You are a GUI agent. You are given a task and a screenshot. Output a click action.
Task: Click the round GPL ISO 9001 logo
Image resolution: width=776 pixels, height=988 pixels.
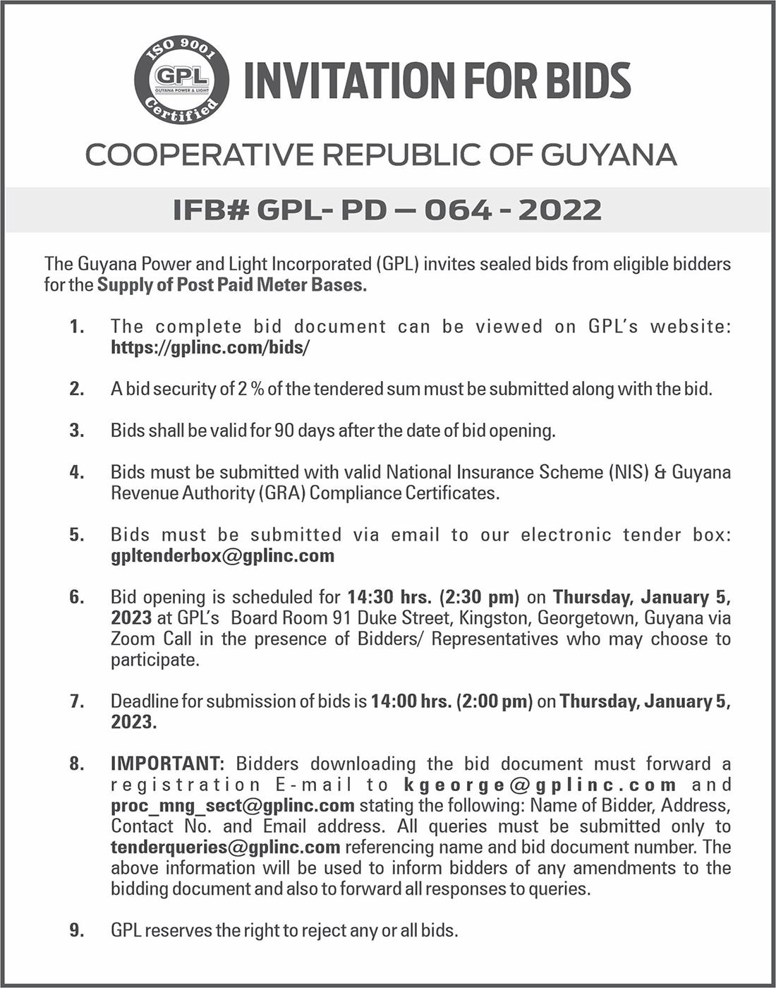click(181, 79)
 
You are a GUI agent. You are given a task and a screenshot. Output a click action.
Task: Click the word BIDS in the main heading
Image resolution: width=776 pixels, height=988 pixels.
click(588, 80)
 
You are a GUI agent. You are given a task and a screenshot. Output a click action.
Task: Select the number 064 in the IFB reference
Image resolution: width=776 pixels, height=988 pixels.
click(457, 210)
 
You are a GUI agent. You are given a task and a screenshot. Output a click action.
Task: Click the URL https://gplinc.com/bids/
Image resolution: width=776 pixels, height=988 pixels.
click(210, 347)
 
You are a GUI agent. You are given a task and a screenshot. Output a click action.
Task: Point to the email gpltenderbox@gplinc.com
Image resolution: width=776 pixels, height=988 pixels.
click(222, 555)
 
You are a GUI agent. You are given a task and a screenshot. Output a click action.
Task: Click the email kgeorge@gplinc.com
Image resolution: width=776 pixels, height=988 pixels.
click(540, 785)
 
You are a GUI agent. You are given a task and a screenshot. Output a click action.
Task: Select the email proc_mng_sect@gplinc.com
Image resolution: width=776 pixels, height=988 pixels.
click(232, 805)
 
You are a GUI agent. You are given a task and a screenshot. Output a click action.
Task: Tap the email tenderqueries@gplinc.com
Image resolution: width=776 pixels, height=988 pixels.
click(226, 847)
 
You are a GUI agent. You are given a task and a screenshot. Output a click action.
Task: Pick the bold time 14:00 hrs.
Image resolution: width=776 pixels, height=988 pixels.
click(411, 701)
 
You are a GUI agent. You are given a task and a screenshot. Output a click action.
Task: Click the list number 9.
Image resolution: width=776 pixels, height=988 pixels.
click(77, 931)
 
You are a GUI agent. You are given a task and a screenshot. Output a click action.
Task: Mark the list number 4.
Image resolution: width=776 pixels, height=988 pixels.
click(77, 472)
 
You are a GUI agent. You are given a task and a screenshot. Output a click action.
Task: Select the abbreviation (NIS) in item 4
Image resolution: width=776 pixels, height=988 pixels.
click(627, 472)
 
